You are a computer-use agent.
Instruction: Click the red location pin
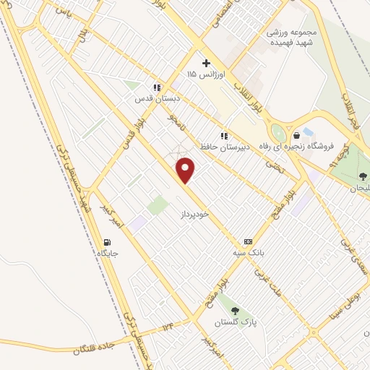click(x=186, y=171)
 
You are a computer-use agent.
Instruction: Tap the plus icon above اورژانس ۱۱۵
click(x=206, y=64)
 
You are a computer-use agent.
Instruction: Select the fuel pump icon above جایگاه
click(x=108, y=243)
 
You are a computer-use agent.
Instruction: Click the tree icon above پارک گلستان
click(x=235, y=311)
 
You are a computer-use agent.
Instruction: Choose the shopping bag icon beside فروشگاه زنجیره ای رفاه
click(x=296, y=135)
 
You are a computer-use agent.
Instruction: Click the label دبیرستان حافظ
click(x=245, y=146)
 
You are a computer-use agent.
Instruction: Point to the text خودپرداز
click(x=197, y=215)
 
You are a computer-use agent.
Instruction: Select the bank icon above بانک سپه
click(x=248, y=241)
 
